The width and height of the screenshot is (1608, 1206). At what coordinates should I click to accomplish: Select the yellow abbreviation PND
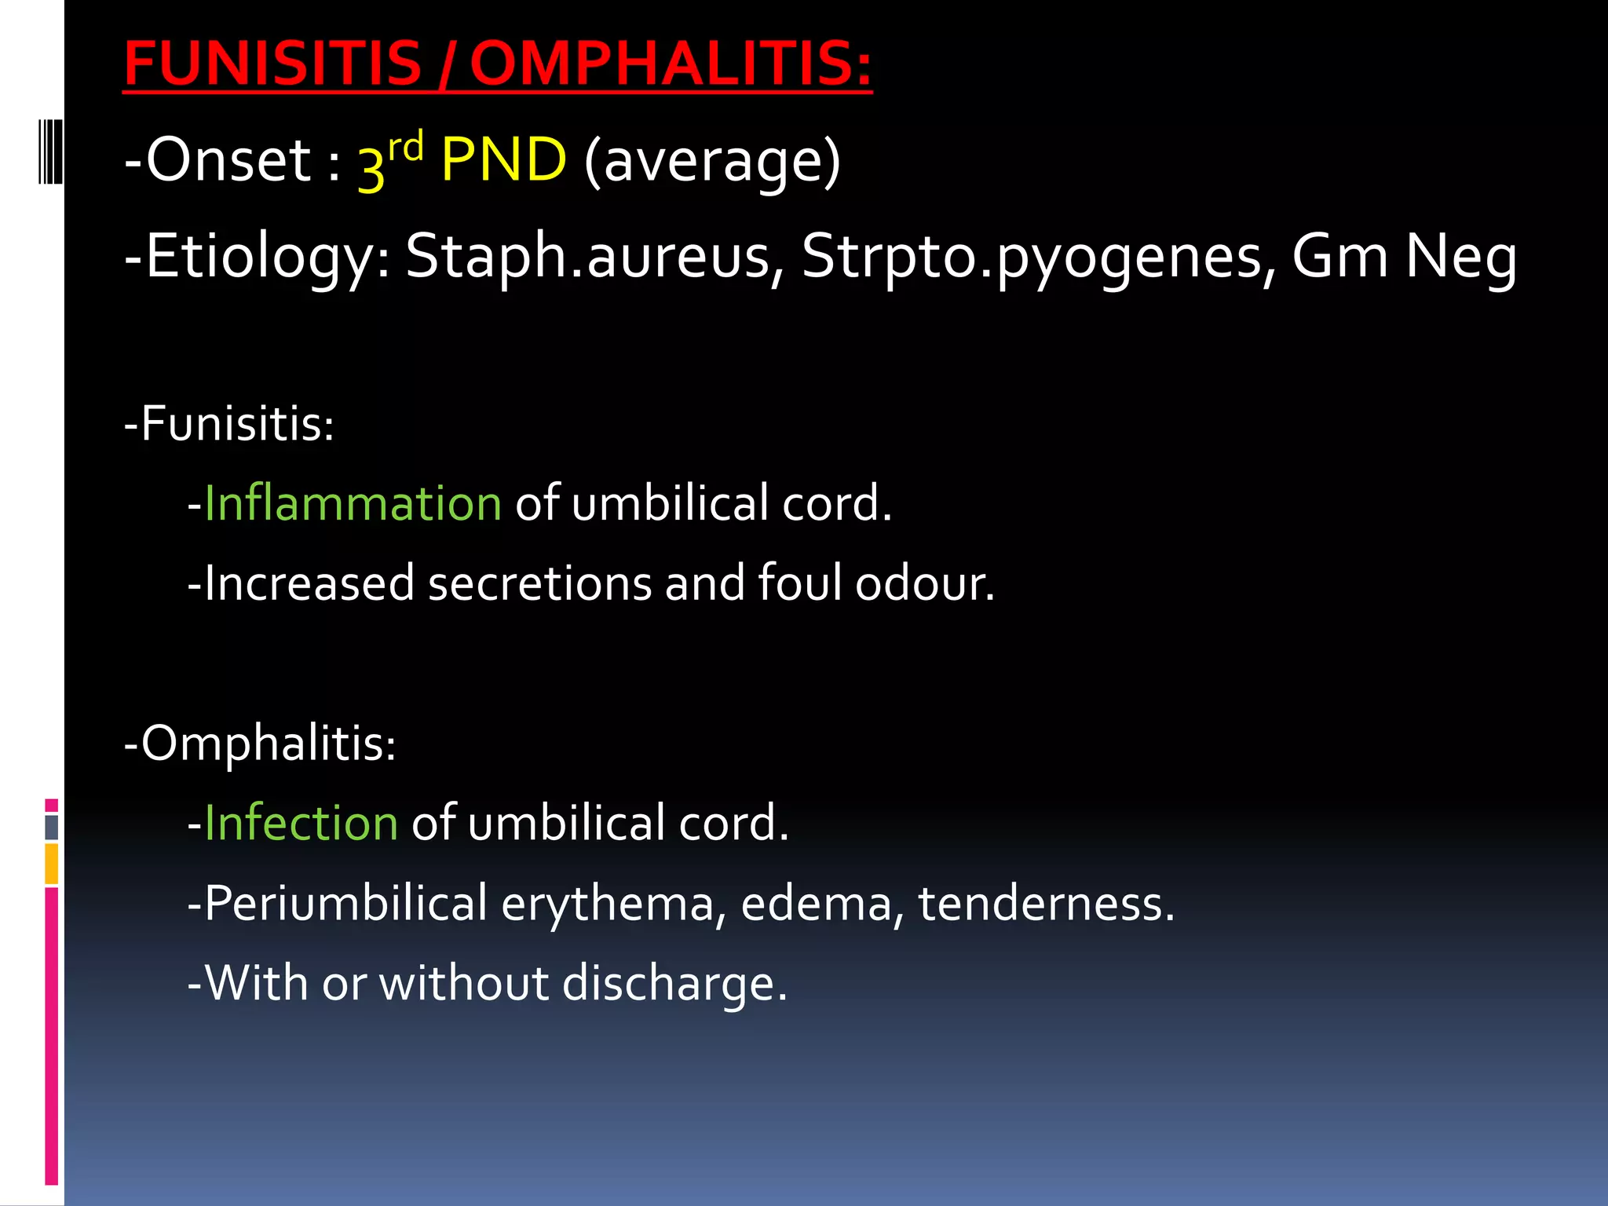pos(503,160)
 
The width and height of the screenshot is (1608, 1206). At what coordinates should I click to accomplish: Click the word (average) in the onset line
pos(712,162)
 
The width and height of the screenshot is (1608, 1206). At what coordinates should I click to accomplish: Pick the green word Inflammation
pos(353,503)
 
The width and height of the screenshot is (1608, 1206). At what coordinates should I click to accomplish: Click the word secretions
pos(539,583)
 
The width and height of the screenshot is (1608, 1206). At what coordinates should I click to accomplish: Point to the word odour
pos(924,583)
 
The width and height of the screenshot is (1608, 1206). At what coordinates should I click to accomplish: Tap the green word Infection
pos(301,823)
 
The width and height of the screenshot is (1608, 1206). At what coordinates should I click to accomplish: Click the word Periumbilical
pos(345,903)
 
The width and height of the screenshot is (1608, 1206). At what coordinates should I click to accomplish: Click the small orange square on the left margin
pos(52,864)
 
